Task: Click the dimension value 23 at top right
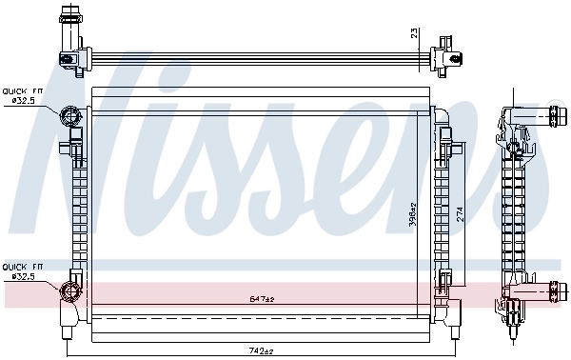click(413, 33)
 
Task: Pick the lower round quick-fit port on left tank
click(69, 291)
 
